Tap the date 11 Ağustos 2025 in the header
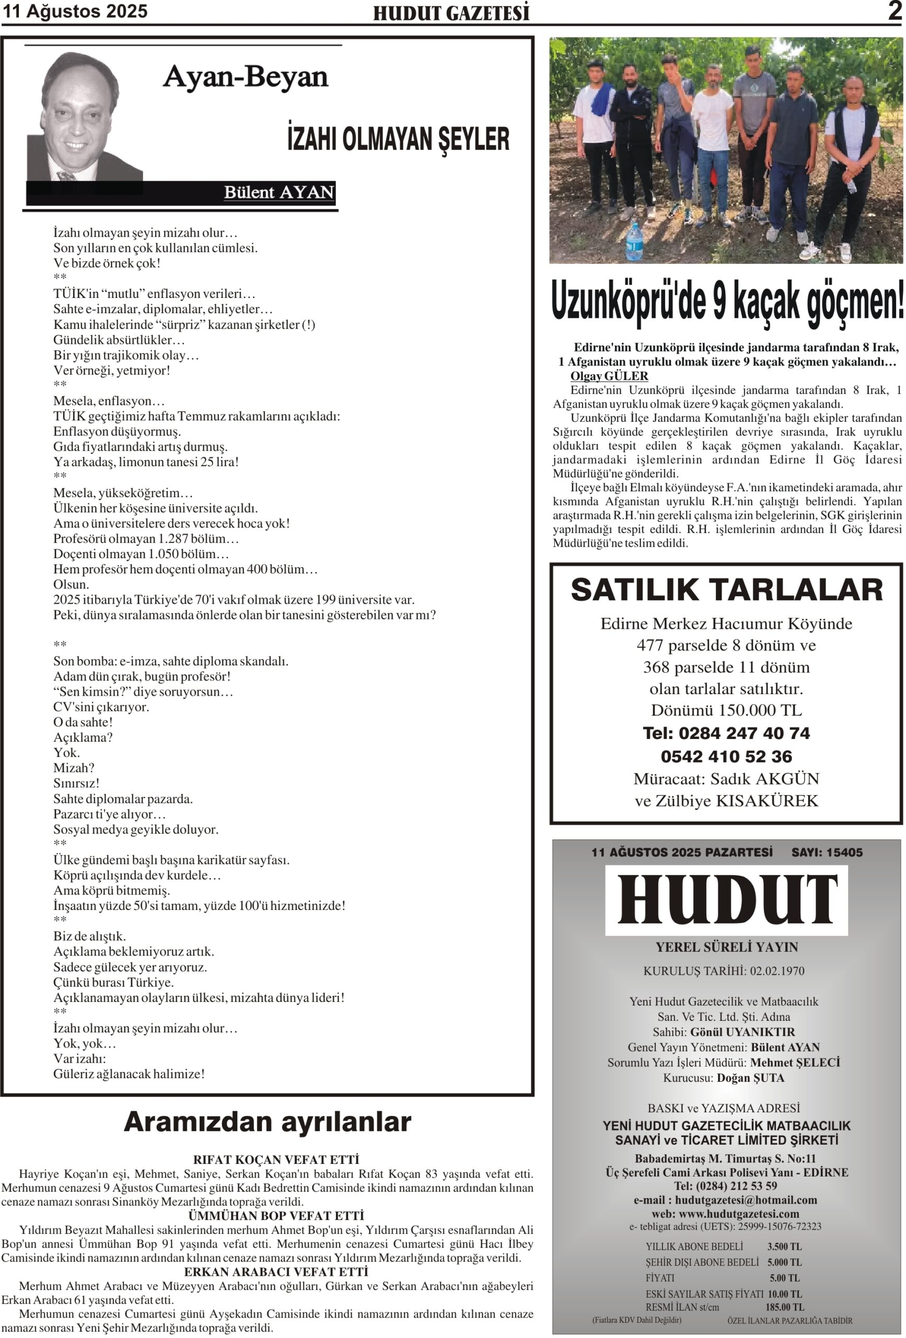click(75, 11)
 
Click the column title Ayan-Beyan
click(245, 77)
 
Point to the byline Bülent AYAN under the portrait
click(278, 192)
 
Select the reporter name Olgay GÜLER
click(609, 376)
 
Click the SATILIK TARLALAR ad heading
click(726, 590)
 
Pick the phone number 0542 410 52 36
click(726, 756)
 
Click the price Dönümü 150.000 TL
click(726, 710)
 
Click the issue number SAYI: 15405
click(827, 852)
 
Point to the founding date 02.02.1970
click(776, 971)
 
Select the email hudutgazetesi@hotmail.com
click(746, 1200)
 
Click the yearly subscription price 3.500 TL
click(784, 1247)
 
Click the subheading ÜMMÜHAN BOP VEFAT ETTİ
click(276, 1215)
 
